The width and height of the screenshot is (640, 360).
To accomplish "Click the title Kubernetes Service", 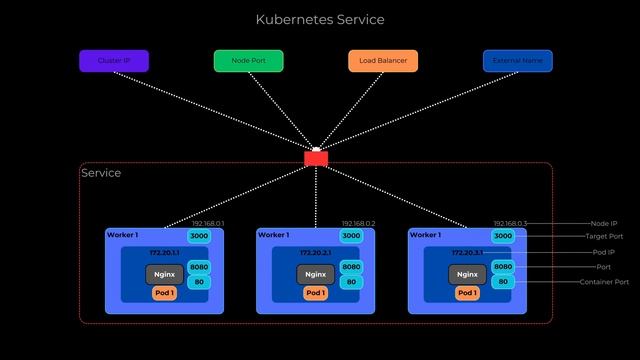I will tap(320, 20).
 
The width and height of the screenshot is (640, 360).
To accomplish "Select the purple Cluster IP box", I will tap(113, 61).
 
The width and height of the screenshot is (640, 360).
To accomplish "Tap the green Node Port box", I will tap(248, 61).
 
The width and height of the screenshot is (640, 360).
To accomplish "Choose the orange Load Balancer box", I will tap(383, 61).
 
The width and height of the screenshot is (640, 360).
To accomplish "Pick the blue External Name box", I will tap(517, 61).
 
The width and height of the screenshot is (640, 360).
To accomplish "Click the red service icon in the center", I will tap(316, 157).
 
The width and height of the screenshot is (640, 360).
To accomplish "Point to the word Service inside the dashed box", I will tap(101, 173).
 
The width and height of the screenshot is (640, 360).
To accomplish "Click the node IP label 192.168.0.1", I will tap(208, 224).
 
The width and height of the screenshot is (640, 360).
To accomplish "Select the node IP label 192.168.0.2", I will tap(358, 224).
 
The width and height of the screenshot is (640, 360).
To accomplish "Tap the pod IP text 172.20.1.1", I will tap(163, 253).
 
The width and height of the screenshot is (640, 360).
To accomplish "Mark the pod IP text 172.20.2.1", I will tap(314, 253).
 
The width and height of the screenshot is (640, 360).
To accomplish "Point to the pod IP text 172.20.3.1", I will tap(466, 253).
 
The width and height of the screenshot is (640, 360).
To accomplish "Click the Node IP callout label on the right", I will tap(603, 224).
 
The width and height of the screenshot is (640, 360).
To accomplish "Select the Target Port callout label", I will tap(603, 237).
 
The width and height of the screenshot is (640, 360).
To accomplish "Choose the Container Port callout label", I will tap(604, 282).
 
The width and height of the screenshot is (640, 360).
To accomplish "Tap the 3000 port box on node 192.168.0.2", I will tap(351, 236).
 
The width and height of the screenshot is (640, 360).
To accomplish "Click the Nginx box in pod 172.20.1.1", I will tap(164, 274).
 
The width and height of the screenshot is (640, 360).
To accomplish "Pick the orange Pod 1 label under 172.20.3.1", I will tap(467, 293).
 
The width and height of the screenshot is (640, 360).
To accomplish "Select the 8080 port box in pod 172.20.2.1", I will tap(351, 267).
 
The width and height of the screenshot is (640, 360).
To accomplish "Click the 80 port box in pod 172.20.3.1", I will tap(503, 282).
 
